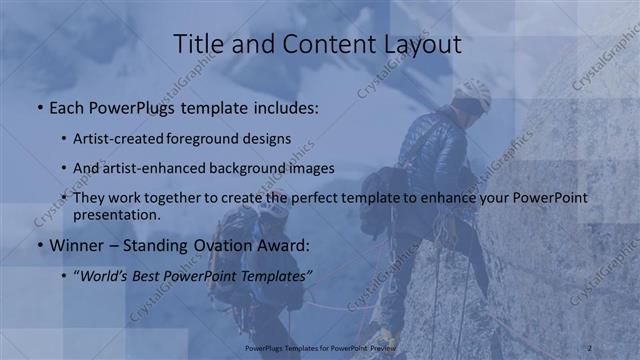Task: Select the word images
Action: coord(312,168)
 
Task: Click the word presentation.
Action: coord(115,214)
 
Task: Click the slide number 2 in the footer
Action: coord(590,347)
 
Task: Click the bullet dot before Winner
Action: coord(39,245)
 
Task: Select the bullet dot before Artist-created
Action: coord(64,139)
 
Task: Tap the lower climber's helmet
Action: coord(273,209)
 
